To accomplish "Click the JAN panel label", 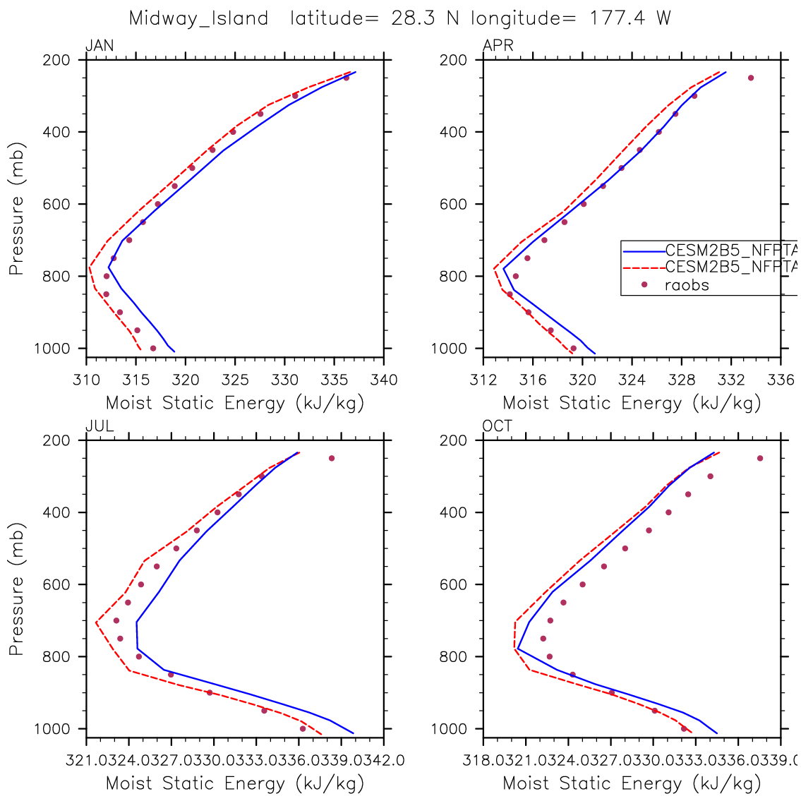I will click(100, 47).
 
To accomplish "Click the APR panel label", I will click(498, 47).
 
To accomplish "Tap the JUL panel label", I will click(99, 426).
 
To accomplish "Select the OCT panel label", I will click(498, 426).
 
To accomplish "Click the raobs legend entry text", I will click(687, 285).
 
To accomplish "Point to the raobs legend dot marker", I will click(644, 284).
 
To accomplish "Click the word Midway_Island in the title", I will click(198, 18).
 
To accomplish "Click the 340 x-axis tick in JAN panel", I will click(384, 380).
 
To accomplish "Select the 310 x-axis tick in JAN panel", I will click(85, 380).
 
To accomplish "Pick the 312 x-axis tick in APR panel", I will click(483, 380).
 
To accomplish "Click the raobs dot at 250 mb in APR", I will click(751, 78).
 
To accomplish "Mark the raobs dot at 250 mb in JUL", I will click(332, 458).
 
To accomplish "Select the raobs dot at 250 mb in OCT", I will click(760, 458).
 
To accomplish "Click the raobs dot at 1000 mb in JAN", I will click(153, 348).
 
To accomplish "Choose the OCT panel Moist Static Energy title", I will click(632, 783).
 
